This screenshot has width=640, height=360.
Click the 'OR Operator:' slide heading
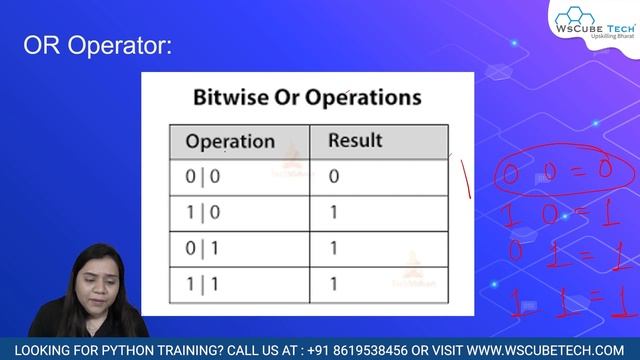[97, 46]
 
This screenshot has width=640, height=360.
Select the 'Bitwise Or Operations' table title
[306, 98]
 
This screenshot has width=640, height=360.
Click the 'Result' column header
[355, 140]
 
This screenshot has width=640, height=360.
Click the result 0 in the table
[334, 177]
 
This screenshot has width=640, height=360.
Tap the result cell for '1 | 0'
[334, 212]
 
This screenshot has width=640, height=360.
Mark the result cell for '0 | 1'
[334, 248]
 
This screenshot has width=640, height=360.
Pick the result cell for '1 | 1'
[334, 283]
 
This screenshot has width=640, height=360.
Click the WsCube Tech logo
[593, 22]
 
